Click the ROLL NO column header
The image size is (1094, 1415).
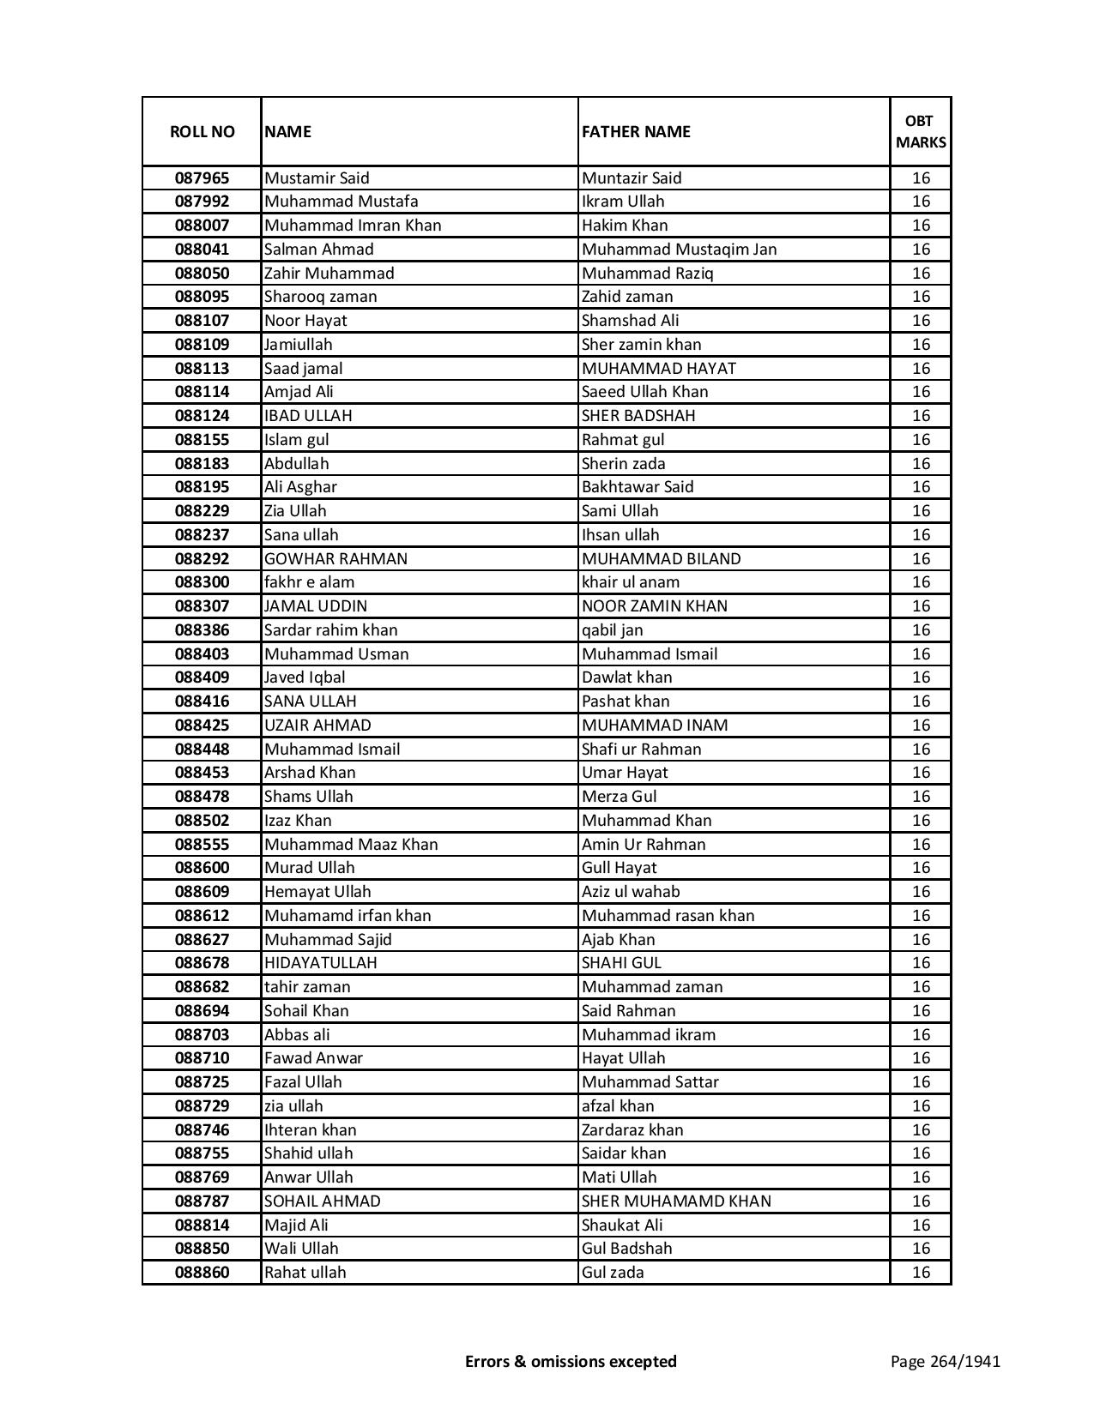tap(202, 131)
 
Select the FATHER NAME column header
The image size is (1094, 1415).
tap(636, 131)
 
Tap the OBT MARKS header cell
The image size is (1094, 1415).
tap(921, 131)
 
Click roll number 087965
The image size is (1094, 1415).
tap(202, 178)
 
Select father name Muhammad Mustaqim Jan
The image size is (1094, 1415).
tap(679, 250)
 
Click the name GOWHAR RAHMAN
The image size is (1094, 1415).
tap(335, 559)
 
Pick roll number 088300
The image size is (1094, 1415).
tap(202, 582)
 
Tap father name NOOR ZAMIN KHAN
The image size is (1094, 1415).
tap(654, 606)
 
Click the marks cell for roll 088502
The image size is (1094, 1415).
tap(921, 821)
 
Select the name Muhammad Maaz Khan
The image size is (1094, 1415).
tap(351, 845)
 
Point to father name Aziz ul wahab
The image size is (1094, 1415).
tap(631, 892)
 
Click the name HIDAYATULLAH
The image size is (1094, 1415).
tap(320, 963)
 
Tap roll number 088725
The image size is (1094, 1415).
tap(202, 1082)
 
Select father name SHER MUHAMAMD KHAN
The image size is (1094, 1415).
tap(676, 1201)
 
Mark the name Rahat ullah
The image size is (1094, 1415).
tap(305, 1273)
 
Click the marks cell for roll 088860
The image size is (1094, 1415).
tap(921, 1273)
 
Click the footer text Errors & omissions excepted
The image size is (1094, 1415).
tap(571, 1361)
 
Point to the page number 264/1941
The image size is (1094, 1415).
tap(946, 1361)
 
